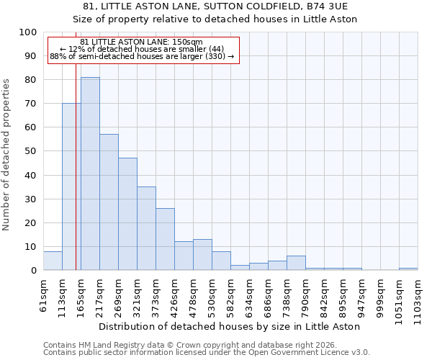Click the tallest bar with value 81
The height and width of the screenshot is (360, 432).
90,174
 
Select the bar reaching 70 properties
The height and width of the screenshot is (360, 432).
71,187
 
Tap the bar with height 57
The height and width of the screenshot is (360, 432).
109,202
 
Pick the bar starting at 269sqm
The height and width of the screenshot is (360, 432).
127,214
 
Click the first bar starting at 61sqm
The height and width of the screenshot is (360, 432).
53,261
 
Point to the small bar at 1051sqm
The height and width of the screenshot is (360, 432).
408,269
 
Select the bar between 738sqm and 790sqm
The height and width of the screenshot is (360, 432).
296,263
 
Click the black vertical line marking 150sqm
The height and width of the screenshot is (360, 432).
76,180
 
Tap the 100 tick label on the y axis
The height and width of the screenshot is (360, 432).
28,32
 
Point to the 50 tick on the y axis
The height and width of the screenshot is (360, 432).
31,151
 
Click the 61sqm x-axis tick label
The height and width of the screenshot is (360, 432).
43,295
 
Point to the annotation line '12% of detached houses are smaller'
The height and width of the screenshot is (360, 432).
143,49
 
